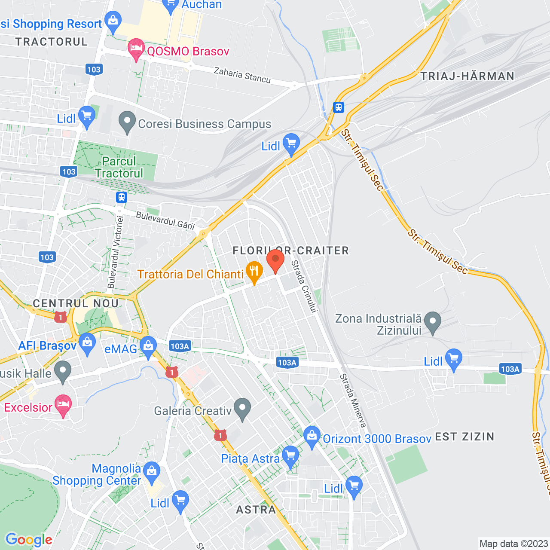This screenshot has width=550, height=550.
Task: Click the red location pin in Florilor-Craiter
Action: click(x=275, y=260)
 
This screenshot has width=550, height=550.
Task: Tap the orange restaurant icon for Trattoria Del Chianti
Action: click(x=254, y=272)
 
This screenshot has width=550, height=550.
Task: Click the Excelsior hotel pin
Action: click(x=63, y=405)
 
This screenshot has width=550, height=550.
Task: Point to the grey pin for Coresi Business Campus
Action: click(x=127, y=122)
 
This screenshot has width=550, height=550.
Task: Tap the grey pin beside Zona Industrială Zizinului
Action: click(x=433, y=322)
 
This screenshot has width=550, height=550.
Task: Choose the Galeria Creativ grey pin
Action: click(x=242, y=409)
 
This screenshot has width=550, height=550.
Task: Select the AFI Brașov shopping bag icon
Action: click(x=87, y=344)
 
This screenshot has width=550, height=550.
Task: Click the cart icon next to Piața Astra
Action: click(x=290, y=457)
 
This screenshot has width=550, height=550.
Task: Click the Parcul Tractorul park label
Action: click(x=119, y=167)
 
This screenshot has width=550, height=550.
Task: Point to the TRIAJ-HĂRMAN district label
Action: click(x=467, y=76)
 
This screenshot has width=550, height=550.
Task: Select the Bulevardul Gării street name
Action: click(x=165, y=220)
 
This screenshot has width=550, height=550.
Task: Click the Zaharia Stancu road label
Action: click(x=242, y=75)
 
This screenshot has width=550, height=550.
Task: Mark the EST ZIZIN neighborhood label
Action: click(x=464, y=437)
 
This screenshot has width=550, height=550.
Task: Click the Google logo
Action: click(x=29, y=540)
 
